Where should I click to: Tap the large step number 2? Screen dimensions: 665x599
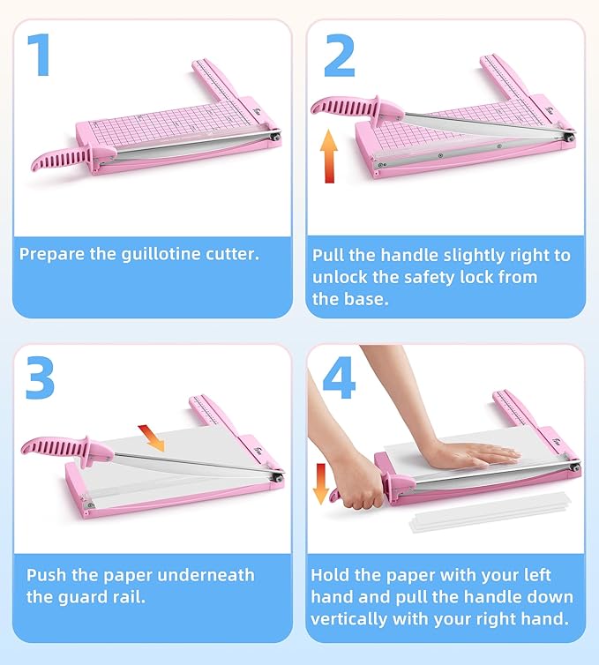[339, 56]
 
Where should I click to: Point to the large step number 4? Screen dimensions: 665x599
[340, 377]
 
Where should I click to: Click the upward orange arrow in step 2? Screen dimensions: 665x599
[329, 155]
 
